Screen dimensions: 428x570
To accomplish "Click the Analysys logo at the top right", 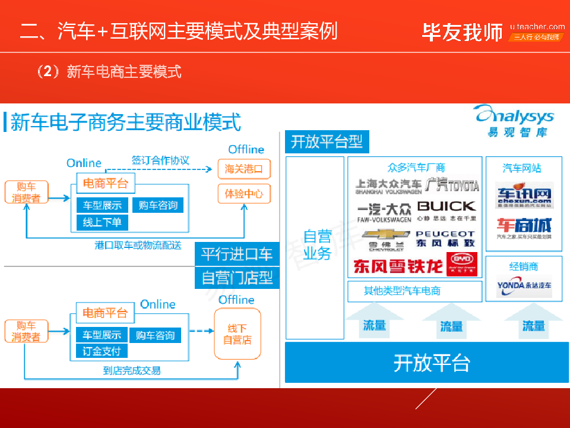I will point(514,120).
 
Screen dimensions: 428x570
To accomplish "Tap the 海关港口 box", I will point(243,169).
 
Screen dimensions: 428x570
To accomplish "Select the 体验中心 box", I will point(243,194).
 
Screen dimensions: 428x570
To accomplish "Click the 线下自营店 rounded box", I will point(237,334).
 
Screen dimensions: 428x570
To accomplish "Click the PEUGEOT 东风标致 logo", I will point(445,238).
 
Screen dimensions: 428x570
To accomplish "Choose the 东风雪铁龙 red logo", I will point(398,266).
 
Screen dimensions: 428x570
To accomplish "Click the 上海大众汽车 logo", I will point(388,186).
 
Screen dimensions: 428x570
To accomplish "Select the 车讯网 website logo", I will point(524,196).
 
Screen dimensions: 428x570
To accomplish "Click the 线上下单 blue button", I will point(102,223).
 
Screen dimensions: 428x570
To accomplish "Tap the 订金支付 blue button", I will point(102,351).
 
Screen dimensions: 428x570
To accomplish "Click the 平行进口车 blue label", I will point(237,254).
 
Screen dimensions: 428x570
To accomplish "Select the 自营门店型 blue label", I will point(237,277).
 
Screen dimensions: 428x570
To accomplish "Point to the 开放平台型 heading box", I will point(327,142).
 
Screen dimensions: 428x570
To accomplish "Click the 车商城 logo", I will point(524,227).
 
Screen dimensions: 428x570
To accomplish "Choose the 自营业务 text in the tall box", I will point(316,244).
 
